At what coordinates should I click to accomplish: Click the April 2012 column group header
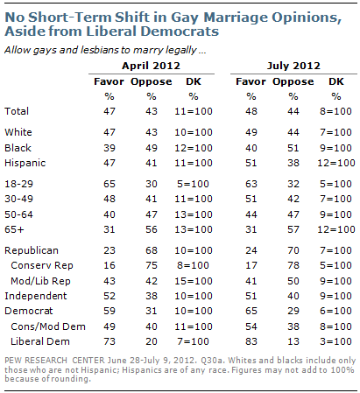[151, 66]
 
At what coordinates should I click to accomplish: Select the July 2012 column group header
[293, 66]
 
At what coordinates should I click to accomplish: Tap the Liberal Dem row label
[40, 341]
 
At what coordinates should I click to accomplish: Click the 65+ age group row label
[14, 229]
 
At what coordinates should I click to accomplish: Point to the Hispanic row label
[25, 163]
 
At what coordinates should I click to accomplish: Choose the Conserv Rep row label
[42, 265]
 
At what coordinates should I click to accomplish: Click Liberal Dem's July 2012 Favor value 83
[251, 341]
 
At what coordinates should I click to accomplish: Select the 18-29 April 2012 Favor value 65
[109, 184]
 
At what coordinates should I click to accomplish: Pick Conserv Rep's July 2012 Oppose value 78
[293, 265]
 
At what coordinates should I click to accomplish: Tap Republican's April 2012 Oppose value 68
[152, 250]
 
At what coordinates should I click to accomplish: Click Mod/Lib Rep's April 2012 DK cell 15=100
[194, 281]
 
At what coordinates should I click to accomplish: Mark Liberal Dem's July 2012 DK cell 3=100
[335, 341]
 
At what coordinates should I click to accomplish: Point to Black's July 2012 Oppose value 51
[293, 148]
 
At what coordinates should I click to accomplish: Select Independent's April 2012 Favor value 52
[109, 296]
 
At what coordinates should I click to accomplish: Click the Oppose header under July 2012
[293, 81]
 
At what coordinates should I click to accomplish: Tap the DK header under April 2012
[194, 81]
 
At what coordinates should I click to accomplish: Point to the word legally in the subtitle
[180, 51]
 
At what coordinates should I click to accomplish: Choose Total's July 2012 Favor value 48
[251, 111]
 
